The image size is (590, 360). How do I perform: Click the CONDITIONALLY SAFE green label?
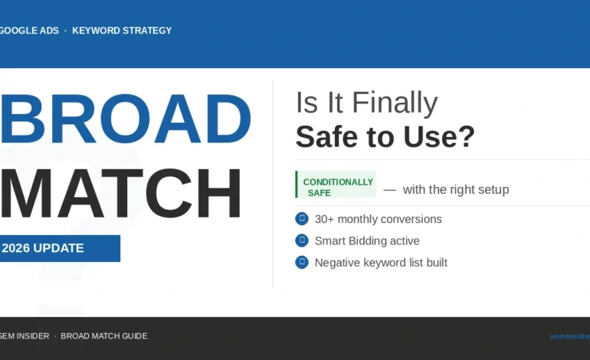337,187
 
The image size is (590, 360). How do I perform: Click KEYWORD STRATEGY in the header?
122,31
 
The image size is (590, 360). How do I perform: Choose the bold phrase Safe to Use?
385,136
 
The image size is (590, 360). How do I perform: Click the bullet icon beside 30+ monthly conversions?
302,219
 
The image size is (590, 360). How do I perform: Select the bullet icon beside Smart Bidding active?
302,241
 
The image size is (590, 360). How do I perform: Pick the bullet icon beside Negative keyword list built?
302,262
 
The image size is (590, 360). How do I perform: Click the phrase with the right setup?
455,189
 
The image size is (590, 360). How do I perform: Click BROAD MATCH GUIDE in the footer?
104,336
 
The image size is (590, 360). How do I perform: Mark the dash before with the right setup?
389,189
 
